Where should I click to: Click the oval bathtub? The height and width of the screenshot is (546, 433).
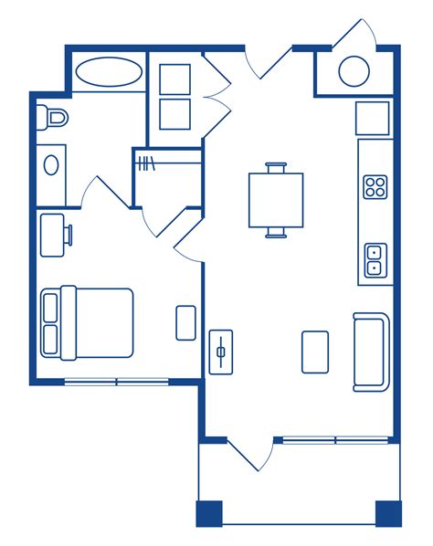click(x=109, y=72)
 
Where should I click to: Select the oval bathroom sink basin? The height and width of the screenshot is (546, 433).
click(x=51, y=164)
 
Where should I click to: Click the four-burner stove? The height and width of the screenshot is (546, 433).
click(x=375, y=187)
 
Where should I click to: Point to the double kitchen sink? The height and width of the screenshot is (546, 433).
click(x=375, y=260)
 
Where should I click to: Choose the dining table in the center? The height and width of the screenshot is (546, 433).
click(x=276, y=200)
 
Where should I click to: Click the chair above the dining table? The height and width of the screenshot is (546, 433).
click(x=276, y=167)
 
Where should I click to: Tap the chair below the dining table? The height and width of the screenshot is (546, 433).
click(x=276, y=233)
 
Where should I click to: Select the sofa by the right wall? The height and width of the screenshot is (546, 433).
click(x=371, y=352)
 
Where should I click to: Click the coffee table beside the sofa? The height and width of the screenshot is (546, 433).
click(x=315, y=352)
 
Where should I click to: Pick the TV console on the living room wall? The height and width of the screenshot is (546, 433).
click(x=221, y=352)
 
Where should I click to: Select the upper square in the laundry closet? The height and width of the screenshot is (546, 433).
click(x=174, y=79)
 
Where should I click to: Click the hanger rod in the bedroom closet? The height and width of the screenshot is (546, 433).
click(x=147, y=164)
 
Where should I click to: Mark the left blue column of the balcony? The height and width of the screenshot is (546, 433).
click(x=209, y=514)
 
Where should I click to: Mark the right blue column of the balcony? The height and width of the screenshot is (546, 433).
click(x=388, y=514)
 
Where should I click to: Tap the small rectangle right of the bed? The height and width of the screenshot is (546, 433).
click(x=185, y=322)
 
